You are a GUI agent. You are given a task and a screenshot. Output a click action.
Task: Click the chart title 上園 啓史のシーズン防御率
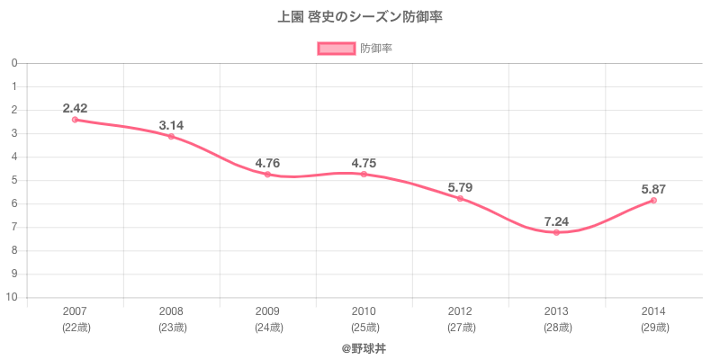[360, 17]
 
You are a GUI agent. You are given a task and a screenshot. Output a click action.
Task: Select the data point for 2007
[75, 120]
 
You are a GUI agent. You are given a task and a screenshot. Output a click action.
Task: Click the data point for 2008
[171, 136]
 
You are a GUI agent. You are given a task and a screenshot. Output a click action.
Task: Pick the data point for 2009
[267, 174]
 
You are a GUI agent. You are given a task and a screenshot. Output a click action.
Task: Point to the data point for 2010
[364, 174]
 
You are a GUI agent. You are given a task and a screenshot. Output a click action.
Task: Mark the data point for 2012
[460, 198]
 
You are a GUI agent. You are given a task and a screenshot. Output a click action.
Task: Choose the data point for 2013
[556, 232]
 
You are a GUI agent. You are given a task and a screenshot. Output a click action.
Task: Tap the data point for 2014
[653, 200]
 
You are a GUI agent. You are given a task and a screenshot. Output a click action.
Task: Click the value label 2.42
[75, 108]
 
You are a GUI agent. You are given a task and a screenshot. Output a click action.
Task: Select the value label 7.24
[556, 220]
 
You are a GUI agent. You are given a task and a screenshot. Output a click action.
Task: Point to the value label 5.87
[653, 189]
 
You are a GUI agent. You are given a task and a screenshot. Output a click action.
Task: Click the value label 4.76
[267, 163]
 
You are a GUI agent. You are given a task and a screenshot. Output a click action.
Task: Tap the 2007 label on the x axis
[75, 311]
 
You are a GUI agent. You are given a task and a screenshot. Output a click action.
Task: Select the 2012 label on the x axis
[460, 311]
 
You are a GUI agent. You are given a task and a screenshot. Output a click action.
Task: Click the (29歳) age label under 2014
[653, 328]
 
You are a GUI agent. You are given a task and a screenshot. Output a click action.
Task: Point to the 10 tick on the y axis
[13, 297]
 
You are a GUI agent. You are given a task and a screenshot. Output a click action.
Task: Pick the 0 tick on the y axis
[15, 63]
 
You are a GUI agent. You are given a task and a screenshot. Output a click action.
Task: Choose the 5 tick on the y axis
[15, 180]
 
